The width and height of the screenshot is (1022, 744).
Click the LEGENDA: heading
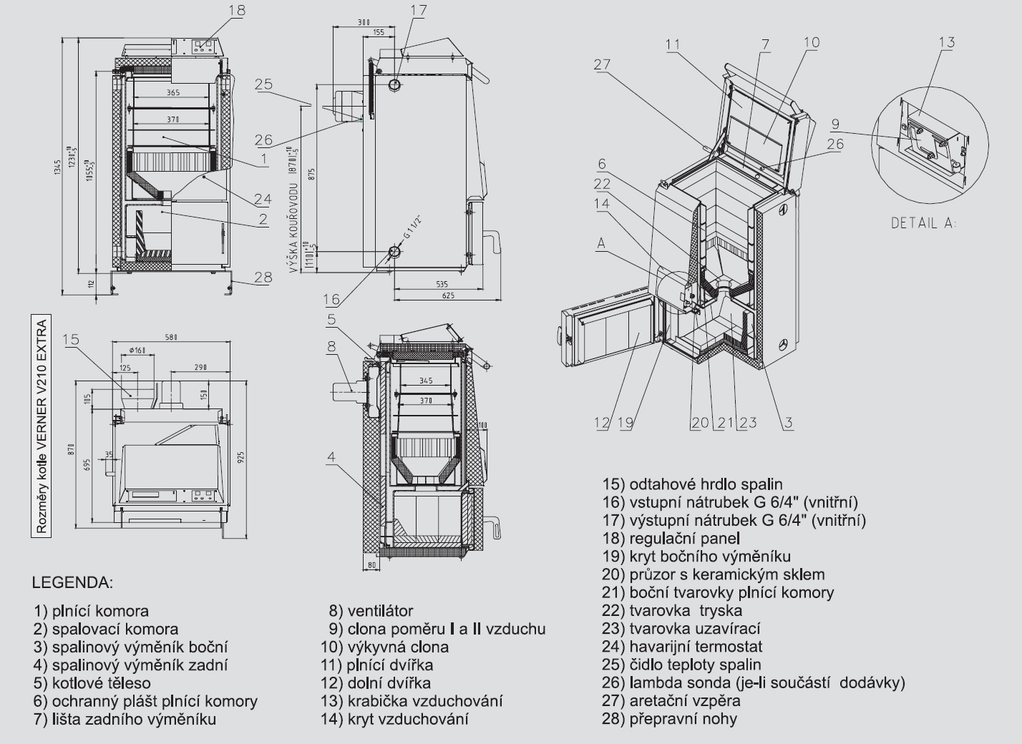(72, 582)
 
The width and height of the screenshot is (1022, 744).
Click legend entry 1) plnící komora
(91, 611)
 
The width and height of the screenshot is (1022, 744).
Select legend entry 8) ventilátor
(371, 611)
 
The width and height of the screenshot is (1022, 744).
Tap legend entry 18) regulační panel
(671, 538)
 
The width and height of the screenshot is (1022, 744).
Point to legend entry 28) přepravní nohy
(669, 719)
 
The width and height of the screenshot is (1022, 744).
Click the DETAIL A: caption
(923, 222)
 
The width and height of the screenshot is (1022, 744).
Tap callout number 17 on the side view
(419, 10)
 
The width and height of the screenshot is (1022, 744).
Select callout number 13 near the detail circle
(946, 42)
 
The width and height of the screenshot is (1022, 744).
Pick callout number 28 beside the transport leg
(263, 277)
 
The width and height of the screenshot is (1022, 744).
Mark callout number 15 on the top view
(71, 339)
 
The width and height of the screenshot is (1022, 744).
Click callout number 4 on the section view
(331, 455)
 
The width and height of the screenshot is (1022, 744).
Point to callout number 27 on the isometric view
(602, 64)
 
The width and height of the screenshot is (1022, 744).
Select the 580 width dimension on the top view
(170, 337)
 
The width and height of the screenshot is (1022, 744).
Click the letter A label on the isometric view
(600, 243)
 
